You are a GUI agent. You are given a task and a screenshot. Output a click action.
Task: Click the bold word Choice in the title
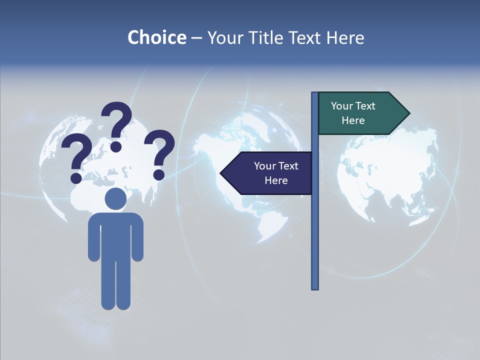(156, 37)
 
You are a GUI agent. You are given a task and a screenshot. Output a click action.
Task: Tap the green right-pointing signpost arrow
(360, 113)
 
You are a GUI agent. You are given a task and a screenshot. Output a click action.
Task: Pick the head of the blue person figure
(115, 199)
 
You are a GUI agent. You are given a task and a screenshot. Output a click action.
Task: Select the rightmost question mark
(160, 153)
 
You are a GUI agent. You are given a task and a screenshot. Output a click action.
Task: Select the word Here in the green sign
(353, 120)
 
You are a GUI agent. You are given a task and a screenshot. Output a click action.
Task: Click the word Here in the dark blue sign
(276, 180)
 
